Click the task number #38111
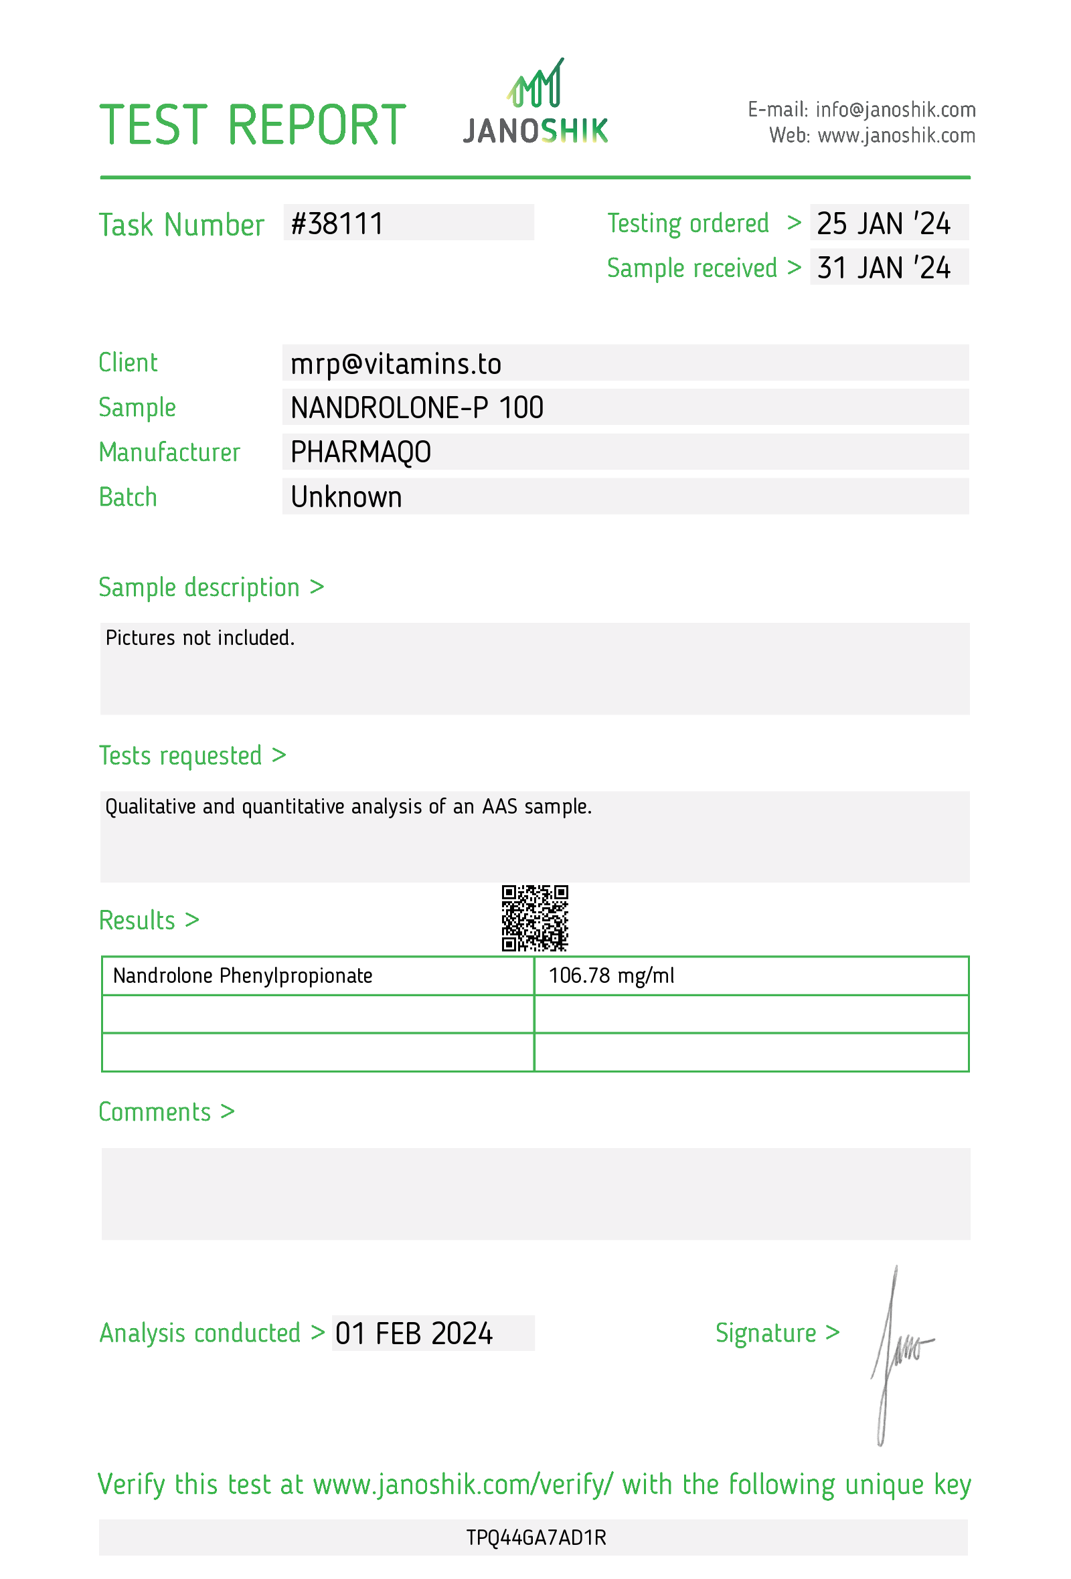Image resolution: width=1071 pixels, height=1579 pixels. (x=337, y=223)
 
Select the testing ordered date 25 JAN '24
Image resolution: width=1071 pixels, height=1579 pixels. (x=883, y=223)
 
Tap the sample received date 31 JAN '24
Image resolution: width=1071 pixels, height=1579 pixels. (x=883, y=268)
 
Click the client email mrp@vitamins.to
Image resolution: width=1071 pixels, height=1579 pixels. (x=396, y=364)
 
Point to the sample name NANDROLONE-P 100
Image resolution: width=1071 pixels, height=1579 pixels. (x=416, y=407)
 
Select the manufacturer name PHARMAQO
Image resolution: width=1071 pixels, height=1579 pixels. (x=360, y=452)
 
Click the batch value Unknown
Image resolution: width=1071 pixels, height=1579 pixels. (x=346, y=497)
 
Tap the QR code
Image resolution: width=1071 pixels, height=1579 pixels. (x=535, y=918)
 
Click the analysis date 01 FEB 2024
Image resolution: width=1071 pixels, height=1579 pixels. (x=413, y=1333)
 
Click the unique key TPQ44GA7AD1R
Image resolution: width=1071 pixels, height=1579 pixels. (x=535, y=1538)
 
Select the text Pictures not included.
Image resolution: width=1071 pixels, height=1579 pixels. (x=199, y=638)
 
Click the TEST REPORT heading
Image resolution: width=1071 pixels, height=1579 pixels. (x=252, y=125)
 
